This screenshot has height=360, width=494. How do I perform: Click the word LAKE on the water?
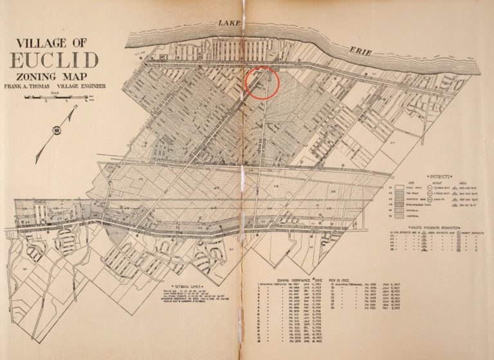[x=228, y=23]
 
